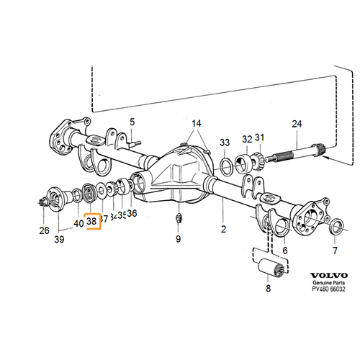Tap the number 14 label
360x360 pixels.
[x=197, y=123]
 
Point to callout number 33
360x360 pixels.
[x=225, y=141]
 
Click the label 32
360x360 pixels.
[x=247, y=139]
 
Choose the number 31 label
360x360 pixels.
[x=260, y=138]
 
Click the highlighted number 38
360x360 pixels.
[x=91, y=221]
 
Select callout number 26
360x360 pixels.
[x=45, y=230]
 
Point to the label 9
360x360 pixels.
[x=178, y=238]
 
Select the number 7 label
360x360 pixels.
[x=334, y=251]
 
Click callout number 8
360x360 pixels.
[x=268, y=289]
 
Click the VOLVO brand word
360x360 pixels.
[x=329, y=276]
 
